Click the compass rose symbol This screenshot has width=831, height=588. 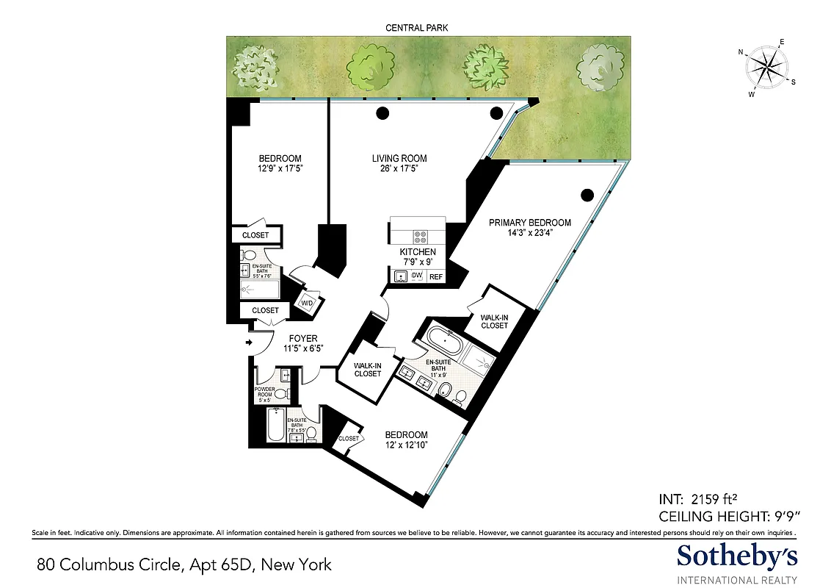click(767, 68)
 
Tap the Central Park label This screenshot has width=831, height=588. click(416, 27)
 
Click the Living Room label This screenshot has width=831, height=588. click(399, 158)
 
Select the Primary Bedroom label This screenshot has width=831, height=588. click(530, 223)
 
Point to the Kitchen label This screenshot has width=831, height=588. click(418, 252)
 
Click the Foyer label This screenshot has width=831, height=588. click(302, 339)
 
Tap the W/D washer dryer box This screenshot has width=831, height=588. click(306, 302)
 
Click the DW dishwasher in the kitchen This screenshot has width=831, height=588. click(417, 276)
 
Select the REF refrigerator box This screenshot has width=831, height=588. click(436, 277)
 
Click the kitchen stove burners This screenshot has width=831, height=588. click(421, 237)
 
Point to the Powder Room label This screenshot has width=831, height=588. click(264, 392)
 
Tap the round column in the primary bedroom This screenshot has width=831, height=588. click(587, 195)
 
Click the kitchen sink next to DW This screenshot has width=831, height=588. click(400, 276)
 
